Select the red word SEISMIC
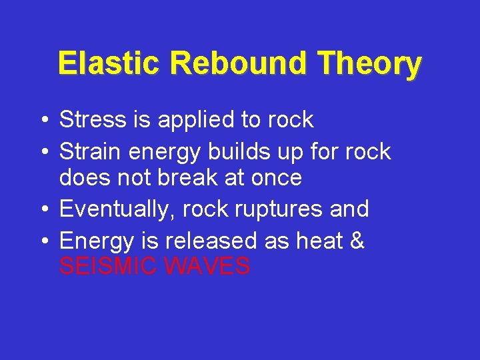click(109, 267)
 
